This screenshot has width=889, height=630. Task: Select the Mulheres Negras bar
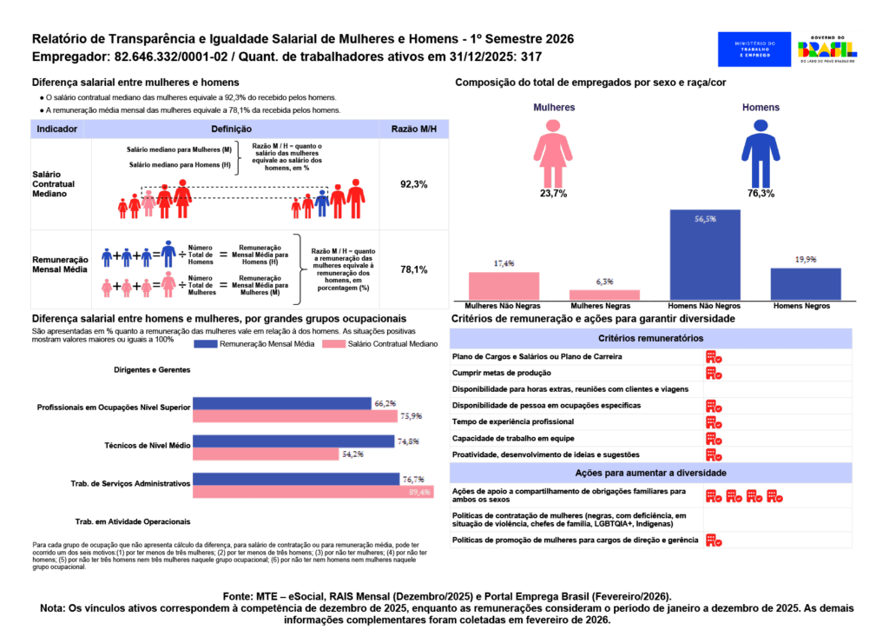pos(604,294)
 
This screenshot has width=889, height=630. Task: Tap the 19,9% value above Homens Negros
pos(806,259)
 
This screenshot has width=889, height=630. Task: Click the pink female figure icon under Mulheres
pos(553,152)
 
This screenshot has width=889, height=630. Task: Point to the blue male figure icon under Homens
pos(761,152)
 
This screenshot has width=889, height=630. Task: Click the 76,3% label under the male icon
pos(761,194)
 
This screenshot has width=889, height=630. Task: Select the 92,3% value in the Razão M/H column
pos(413,185)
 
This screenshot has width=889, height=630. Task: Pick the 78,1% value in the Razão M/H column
pos(413,269)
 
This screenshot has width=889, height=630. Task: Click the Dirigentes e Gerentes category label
pos(152,369)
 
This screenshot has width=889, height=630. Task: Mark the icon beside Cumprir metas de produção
pos(714,373)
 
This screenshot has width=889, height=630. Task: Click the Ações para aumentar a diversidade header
pos(650,473)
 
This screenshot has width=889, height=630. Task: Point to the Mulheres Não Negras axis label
pos(504,307)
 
